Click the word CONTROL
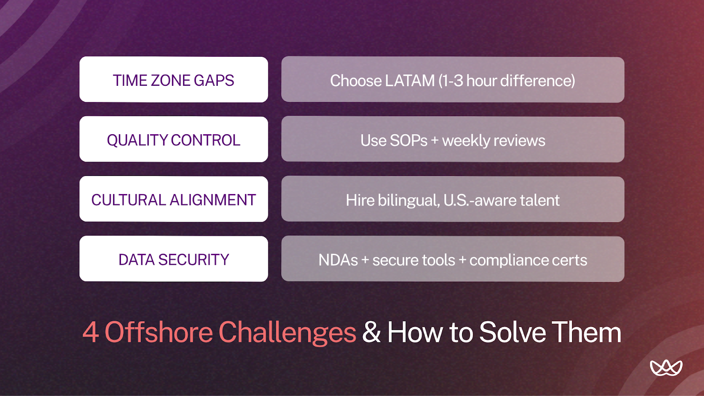coord(205,140)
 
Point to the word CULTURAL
coord(128,200)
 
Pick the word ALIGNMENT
coord(213,200)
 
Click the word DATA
coord(136,260)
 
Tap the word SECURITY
coord(194,260)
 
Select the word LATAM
coord(410,81)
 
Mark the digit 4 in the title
coord(90,332)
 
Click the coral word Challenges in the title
coord(287,332)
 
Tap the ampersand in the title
coord(371,332)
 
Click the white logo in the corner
coord(666,368)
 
